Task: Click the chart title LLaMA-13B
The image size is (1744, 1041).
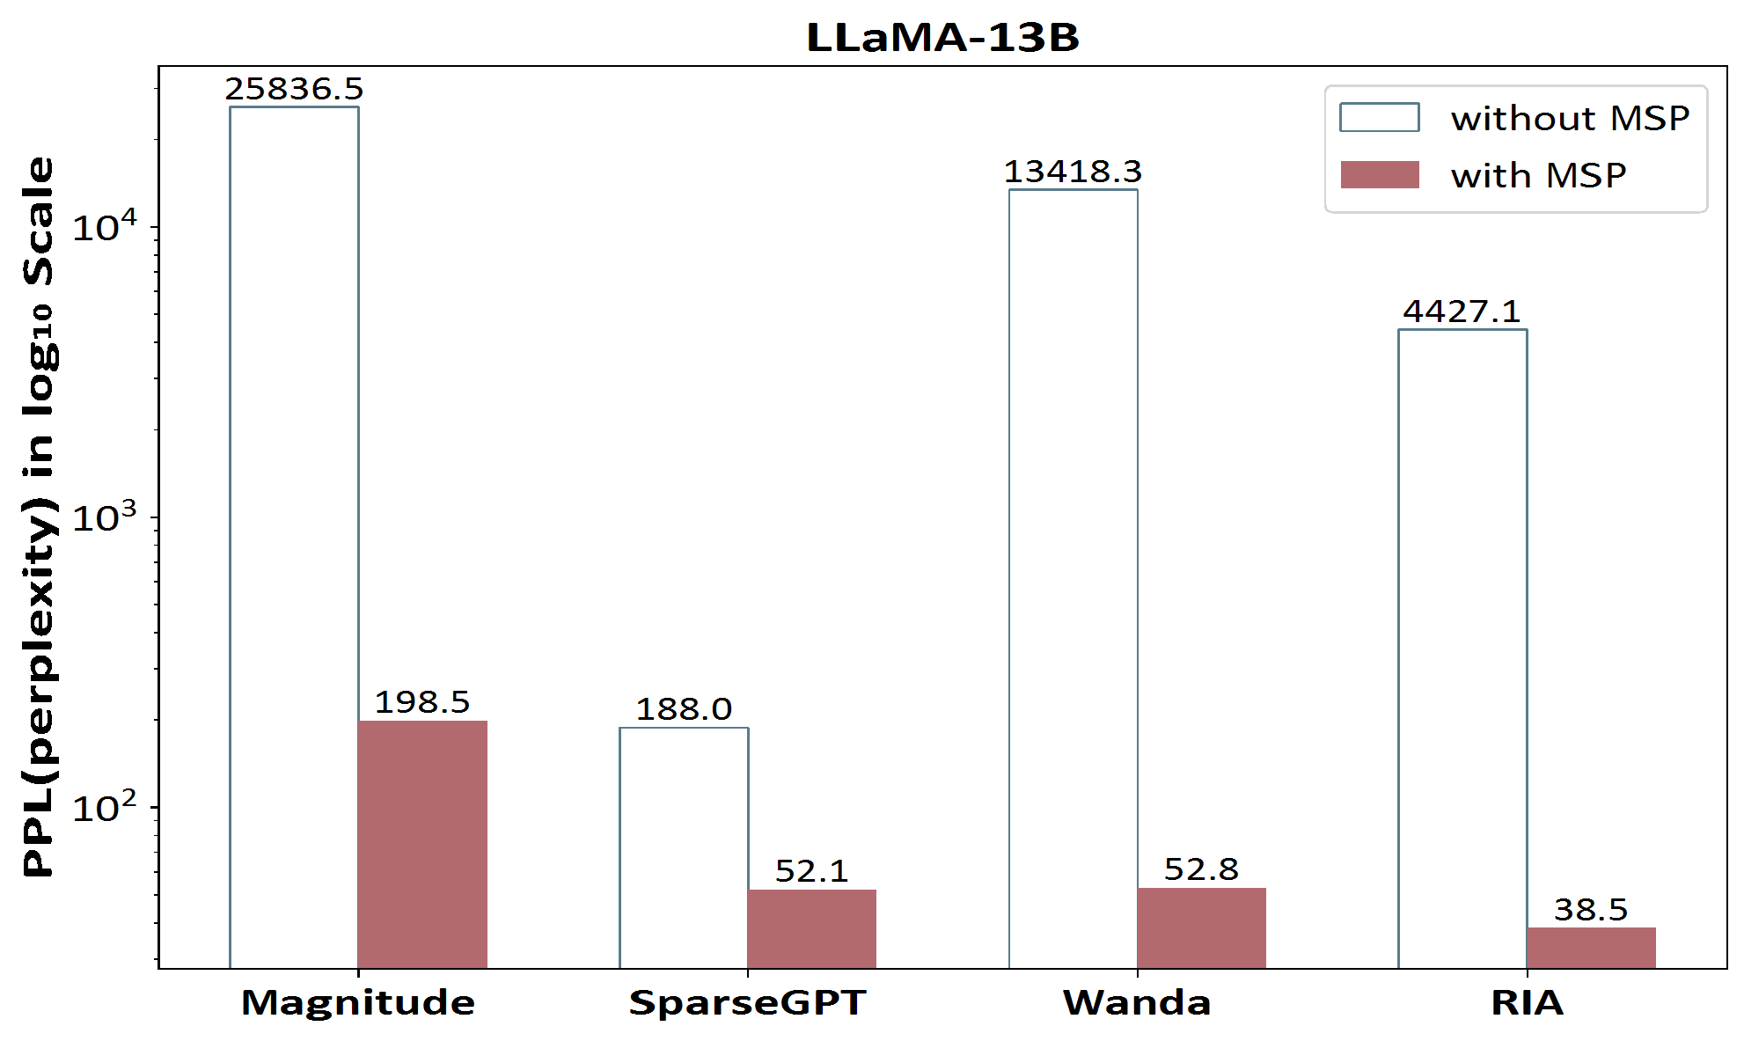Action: (942, 37)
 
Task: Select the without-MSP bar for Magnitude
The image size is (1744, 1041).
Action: (294, 537)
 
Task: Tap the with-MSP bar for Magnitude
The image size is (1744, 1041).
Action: (422, 845)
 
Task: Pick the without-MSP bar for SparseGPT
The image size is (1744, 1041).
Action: (684, 847)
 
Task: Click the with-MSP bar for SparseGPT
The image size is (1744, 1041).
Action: (811, 928)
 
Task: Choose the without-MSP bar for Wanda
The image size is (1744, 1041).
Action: (1073, 578)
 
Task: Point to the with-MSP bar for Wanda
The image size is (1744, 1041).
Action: (1201, 927)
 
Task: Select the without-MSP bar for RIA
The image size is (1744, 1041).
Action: (1462, 649)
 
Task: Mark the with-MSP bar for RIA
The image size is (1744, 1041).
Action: (1591, 948)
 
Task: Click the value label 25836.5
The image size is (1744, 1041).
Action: (294, 89)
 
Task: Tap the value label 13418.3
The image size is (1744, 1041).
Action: (1073, 172)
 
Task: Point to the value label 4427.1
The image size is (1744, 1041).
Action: (1462, 312)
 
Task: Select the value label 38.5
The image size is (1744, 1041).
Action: (1591, 910)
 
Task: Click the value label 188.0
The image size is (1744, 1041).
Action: (684, 709)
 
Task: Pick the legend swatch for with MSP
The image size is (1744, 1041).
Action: (1379, 175)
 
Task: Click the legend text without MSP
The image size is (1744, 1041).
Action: (1570, 119)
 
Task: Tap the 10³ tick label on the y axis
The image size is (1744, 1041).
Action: (105, 517)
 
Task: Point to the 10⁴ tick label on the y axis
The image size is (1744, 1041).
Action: (105, 227)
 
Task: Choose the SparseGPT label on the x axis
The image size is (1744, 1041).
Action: (748, 1003)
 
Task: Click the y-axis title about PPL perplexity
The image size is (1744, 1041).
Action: (39, 517)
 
